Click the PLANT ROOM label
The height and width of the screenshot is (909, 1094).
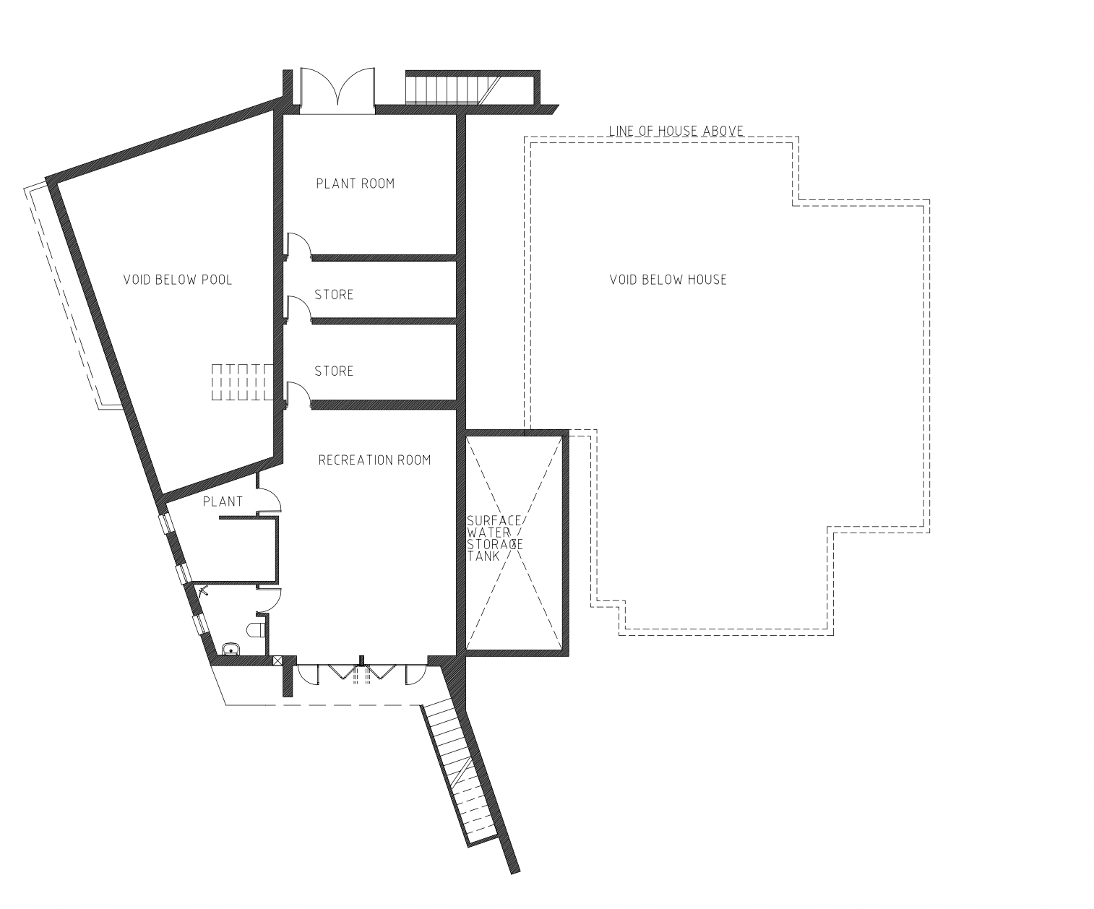356,184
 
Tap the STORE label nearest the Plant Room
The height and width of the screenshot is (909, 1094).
334,294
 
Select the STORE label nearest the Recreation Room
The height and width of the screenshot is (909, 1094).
334,371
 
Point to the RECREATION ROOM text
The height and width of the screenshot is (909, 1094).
374,460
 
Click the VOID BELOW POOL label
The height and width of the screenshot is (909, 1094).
178,280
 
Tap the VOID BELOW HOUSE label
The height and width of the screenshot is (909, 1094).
668,280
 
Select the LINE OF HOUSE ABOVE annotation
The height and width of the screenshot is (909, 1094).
676,131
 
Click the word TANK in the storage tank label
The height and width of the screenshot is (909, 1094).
483,556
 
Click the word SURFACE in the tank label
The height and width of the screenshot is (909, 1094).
494,521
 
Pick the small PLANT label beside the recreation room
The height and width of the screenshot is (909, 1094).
223,501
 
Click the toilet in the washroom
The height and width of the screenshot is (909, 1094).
257,629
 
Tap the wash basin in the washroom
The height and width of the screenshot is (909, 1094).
231,649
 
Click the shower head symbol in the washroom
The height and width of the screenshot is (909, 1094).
204,591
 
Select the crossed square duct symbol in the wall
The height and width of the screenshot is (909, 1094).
277,660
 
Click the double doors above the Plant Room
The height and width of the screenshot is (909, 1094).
337,90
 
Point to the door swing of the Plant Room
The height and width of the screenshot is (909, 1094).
298,245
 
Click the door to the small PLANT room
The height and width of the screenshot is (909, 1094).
269,500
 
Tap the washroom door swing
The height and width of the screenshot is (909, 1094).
269,600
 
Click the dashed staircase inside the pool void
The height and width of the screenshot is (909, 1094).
242,382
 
